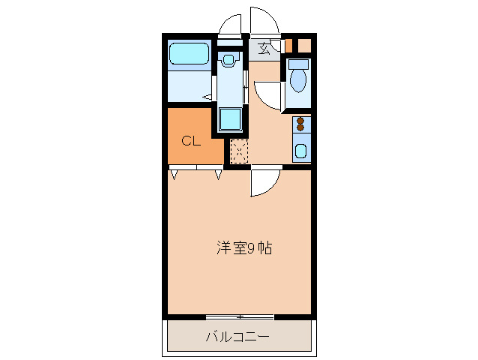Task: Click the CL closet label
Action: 191,140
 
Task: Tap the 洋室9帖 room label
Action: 243,247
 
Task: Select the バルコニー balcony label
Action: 238,337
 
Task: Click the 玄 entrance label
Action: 264,49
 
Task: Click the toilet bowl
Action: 298,80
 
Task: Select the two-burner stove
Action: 301,124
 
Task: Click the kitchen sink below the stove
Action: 301,150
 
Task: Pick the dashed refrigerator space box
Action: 238,151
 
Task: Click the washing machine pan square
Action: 230,119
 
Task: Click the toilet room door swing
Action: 268,96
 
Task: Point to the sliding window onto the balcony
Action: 239,316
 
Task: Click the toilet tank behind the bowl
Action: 298,63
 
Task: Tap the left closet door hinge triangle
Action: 174,175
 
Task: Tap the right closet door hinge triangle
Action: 219,175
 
